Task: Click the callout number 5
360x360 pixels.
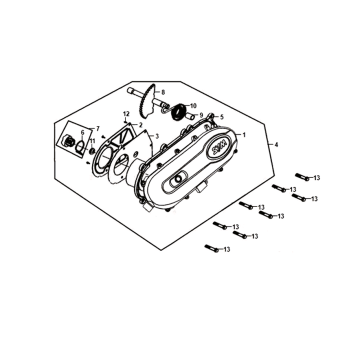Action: pos(221,117)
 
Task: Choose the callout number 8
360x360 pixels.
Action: pos(163,91)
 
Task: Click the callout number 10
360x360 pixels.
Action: pos(194,105)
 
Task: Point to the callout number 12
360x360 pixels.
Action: pos(127,115)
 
